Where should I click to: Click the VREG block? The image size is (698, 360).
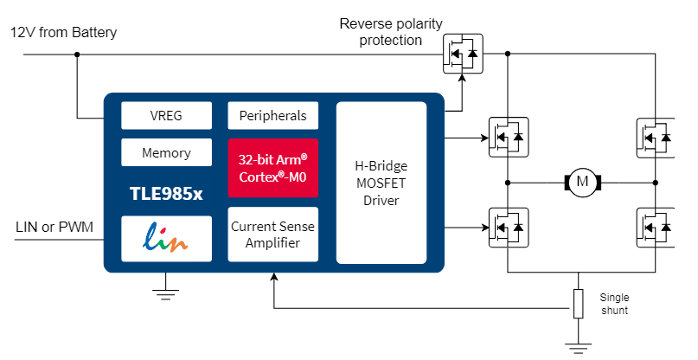pos(165,114)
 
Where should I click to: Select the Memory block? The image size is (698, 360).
pos(165,152)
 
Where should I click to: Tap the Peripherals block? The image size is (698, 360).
pos(272,114)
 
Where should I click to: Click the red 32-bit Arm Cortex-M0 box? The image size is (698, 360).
pos(272,167)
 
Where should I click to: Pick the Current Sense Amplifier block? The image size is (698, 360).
pos(272,235)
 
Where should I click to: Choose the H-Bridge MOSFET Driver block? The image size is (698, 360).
pos(381,183)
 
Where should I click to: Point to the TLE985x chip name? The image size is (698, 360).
pos(165,194)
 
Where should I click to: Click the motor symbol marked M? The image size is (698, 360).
pos(581,182)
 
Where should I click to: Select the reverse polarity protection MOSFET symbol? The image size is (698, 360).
pos(462,54)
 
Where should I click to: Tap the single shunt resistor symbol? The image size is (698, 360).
pos(578,304)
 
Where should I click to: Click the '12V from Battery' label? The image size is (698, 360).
pos(63,33)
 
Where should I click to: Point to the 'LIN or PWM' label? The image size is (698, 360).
pos(54,228)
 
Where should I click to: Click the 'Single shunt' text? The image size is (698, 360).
pos(614,304)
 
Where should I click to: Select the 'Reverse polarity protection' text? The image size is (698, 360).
pos(391,31)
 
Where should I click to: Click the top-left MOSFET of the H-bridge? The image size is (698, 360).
pos(508,137)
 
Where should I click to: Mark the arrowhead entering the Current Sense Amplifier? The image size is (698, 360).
pos(274,279)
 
